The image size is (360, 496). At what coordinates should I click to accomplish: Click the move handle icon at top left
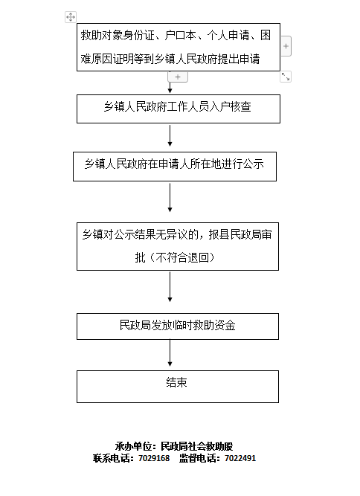pos(71,17)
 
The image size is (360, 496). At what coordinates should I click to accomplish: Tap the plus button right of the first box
pos(286,46)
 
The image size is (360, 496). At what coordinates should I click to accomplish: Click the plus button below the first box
pos(178,77)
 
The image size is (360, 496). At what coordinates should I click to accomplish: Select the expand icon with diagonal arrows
pos(286,77)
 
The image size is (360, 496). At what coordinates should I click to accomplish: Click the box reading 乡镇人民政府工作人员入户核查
pos(179,109)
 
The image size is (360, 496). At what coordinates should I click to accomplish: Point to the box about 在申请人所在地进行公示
pos(175,167)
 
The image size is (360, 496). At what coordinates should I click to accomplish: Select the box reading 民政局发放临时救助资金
pos(178,326)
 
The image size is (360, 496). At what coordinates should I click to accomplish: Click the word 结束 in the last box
pos(176,382)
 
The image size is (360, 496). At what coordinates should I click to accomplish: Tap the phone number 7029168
pos(154,458)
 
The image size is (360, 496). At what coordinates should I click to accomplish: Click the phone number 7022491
pos(240,458)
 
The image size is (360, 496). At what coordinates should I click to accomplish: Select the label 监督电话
pos(197,458)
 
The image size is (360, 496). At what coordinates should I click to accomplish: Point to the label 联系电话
pos(112,458)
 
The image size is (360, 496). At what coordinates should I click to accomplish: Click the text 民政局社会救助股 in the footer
pos(197,446)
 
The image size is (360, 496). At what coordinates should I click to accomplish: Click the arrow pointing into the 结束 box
pos(170,353)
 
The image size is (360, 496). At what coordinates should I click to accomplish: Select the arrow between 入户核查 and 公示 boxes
pos(170,135)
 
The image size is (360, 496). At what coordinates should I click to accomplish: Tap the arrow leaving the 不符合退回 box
pos(170,287)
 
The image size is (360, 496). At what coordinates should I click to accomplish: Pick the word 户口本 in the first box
pos(180,35)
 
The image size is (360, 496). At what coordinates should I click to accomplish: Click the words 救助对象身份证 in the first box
pos(118,35)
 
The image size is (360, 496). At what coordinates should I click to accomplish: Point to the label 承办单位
pos(133,446)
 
